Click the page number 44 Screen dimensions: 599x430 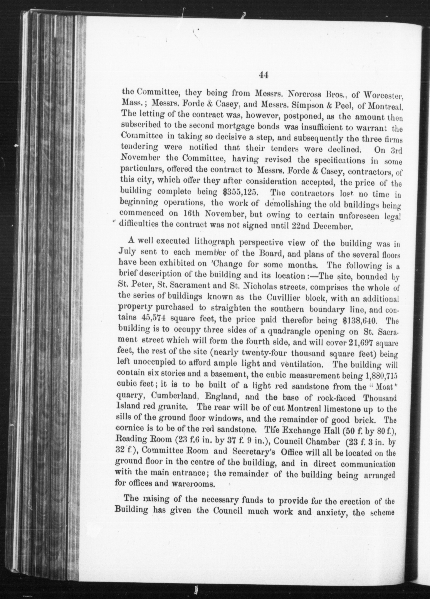[x=264, y=75]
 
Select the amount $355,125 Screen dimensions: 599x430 [x=240, y=192]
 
